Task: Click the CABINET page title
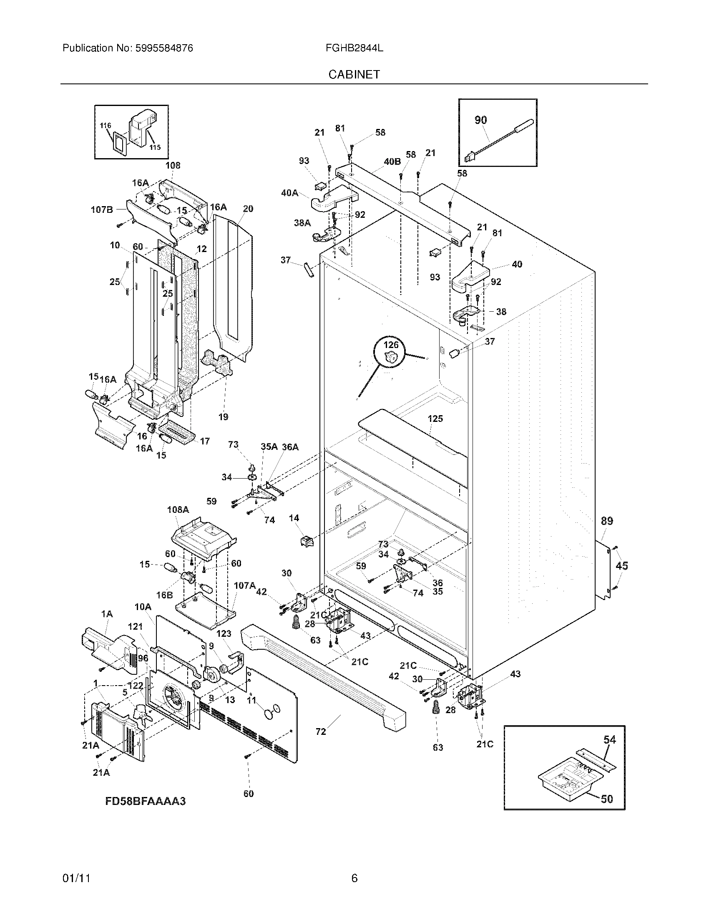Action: (x=354, y=74)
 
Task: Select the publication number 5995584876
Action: (x=164, y=48)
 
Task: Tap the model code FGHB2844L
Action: (x=354, y=48)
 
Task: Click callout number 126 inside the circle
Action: (x=391, y=345)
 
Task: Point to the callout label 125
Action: (x=435, y=419)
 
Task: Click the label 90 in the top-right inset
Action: (x=480, y=120)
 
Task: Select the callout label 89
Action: (x=606, y=521)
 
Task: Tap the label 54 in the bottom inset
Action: (x=609, y=751)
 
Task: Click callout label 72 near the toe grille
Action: (x=320, y=732)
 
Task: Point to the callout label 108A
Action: (x=178, y=510)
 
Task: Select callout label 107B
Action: (x=102, y=209)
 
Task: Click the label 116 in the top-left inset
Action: (x=106, y=125)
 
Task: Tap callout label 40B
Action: (x=392, y=161)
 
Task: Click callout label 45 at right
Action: (x=622, y=566)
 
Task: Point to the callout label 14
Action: (x=294, y=518)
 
